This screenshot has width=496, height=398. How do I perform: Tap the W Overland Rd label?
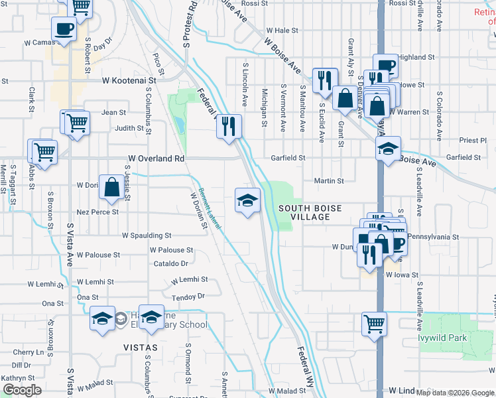pos(156,159)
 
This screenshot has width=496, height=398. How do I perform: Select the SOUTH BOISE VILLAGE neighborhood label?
pos(310,212)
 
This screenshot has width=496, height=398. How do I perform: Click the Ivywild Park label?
pos(461,338)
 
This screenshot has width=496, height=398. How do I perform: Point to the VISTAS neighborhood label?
pos(140,348)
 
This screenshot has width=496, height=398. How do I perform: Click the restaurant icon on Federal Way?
pos(228,125)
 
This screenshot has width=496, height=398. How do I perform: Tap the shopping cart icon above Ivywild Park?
pos(375,324)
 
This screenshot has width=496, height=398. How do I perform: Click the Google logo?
pos(22,390)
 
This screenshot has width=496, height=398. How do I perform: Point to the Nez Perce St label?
pos(97,212)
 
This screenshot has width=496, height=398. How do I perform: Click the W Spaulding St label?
pos(147,235)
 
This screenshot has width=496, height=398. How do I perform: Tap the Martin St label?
pos(329,180)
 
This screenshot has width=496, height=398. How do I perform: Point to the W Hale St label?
pos(282,31)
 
